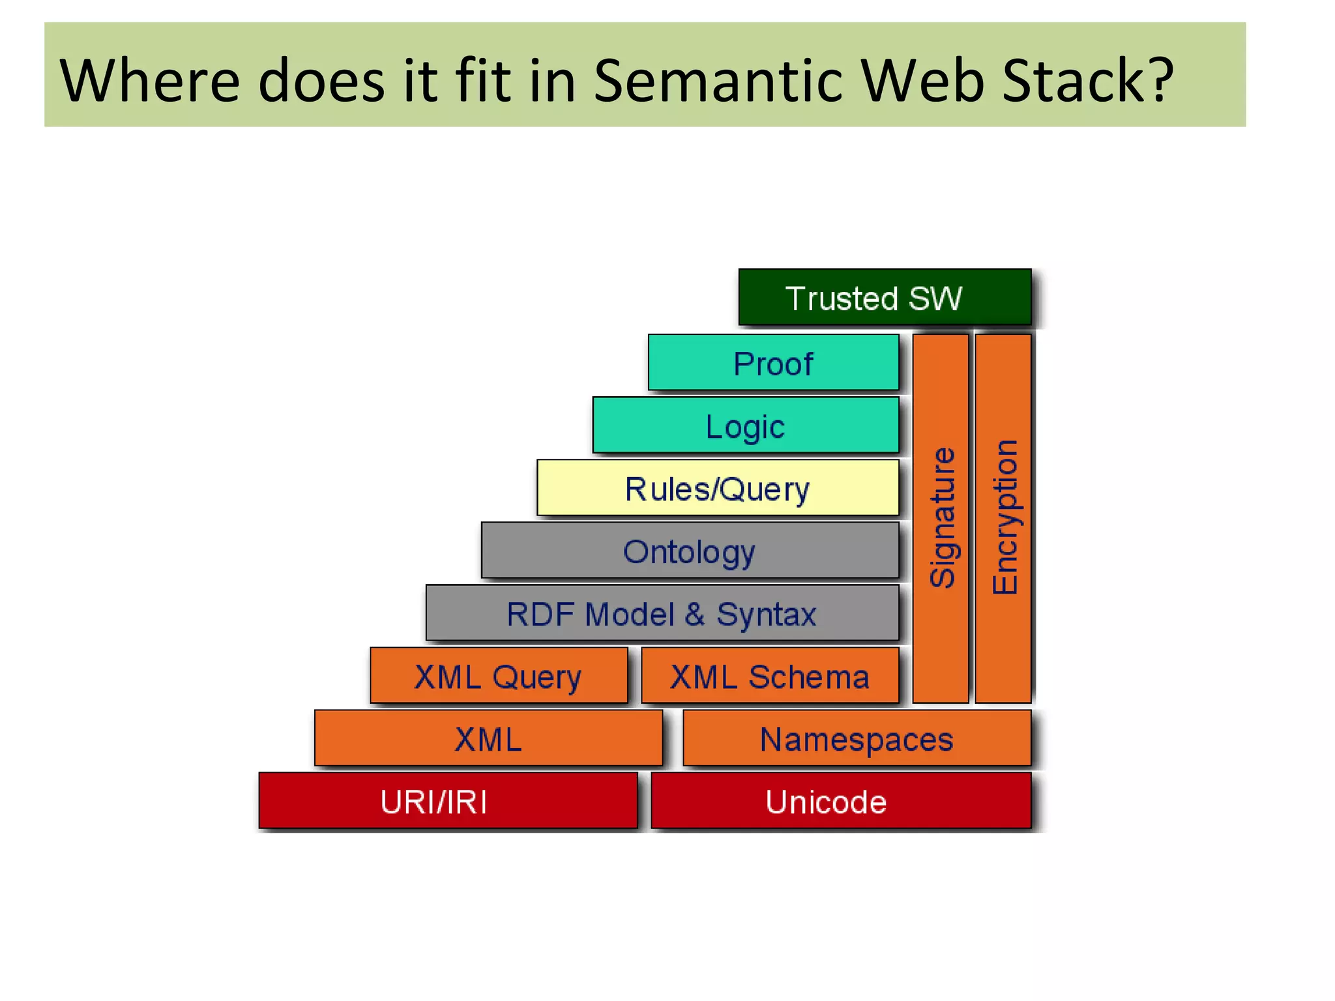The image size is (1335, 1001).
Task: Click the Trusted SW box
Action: [885, 297]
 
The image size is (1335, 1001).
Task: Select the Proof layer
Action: [773, 363]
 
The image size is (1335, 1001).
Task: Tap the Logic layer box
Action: [745, 426]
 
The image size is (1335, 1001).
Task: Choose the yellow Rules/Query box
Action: [717, 488]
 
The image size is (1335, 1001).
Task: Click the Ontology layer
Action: [690, 551]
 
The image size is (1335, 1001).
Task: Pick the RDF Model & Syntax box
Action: [662, 613]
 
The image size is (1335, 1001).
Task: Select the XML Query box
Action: [499, 676]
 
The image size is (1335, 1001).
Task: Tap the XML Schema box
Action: [770, 676]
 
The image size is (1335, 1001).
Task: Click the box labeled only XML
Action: [488, 738]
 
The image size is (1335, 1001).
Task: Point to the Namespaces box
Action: [857, 738]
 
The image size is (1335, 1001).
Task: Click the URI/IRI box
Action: [448, 801]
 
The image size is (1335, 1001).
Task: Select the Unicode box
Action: [841, 801]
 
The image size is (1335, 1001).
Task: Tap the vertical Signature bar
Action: [941, 518]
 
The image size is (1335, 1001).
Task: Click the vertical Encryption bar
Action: [1003, 518]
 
